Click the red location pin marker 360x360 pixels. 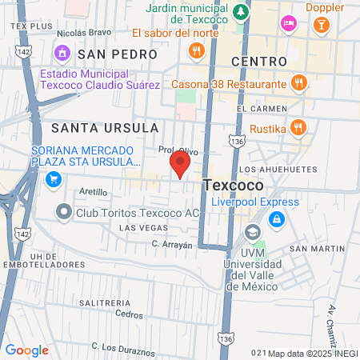click(x=180, y=164)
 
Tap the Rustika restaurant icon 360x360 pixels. click(x=298, y=126)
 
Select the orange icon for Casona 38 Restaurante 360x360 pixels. click(x=298, y=82)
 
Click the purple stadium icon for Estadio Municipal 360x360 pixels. click(x=62, y=53)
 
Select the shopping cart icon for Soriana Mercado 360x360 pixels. click(x=54, y=179)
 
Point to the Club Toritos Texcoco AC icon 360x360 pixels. click(x=63, y=213)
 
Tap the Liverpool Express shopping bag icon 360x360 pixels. click(x=275, y=218)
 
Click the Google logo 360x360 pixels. click(x=26, y=350)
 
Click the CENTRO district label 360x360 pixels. click(x=258, y=62)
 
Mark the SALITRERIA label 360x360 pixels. click(x=105, y=303)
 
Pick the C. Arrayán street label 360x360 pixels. click(x=173, y=245)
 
